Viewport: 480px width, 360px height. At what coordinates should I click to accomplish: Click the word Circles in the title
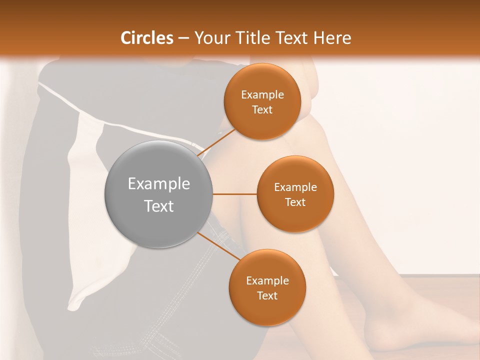pos(147,38)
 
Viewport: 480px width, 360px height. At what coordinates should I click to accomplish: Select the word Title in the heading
pos(256,38)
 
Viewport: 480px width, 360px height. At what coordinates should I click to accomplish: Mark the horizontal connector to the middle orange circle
pos(234,194)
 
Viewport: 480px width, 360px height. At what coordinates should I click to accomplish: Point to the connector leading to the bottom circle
pos(218,246)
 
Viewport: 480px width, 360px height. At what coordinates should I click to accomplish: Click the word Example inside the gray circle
pos(158,184)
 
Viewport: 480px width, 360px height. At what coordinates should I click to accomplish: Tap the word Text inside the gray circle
pos(158,206)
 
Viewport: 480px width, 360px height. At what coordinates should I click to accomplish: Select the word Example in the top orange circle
pos(262,95)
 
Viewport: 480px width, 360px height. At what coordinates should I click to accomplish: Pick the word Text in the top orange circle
pos(262,109)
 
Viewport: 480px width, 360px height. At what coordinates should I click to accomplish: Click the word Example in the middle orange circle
pos(295,187)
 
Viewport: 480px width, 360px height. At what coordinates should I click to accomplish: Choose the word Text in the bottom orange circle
pos(267,295)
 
